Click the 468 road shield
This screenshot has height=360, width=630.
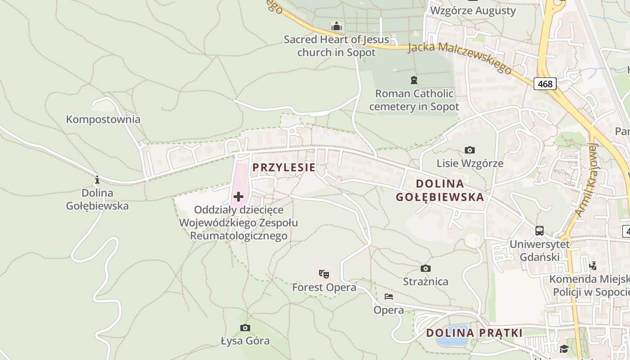point(545,84)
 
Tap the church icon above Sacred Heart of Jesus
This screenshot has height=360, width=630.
point(336,26)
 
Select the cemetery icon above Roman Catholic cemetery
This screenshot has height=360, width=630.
point(414,81)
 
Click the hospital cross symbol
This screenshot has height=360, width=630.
point(238,197)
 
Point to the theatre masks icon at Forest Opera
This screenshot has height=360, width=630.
point(324,273)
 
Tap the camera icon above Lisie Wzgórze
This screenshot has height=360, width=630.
point(469,150)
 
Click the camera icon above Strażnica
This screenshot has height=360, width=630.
point(425,269)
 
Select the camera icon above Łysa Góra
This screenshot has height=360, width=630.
point(245,328)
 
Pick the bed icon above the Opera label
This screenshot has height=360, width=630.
point(389,297)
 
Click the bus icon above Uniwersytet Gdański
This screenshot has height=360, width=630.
point(539,231)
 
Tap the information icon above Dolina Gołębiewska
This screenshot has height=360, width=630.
point(97,180)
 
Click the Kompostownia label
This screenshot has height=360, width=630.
point(103,120)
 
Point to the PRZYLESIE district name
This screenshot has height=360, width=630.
point(283,167)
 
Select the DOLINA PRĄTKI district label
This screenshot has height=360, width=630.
point(474,333)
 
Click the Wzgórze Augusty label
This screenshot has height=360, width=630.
point(473,10)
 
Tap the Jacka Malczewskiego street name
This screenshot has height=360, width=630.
point(460,58)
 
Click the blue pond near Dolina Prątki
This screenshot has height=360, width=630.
point(452,335)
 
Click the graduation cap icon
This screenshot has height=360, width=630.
point(564,349)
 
